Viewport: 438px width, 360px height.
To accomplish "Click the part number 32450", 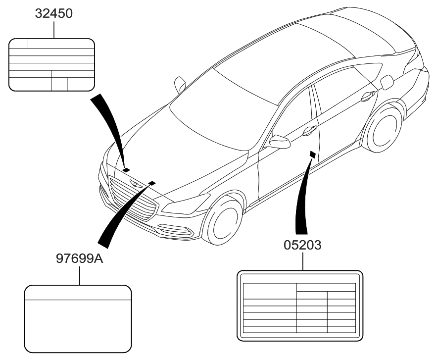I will click(x=53, y=14).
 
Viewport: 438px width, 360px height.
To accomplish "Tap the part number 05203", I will click(x=302, y=245).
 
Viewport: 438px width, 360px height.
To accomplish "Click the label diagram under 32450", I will click(x=51, y=65).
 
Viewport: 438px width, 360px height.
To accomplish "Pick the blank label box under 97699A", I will click(x=78, y=319).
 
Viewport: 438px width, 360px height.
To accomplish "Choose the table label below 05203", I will click(x=300, y=306).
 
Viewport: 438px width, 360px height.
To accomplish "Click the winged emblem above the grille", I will click(x=134, y=184).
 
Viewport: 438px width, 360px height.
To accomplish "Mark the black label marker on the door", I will click(x=312, y=154).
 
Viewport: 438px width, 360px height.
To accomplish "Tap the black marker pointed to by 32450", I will click(x=126, y=170).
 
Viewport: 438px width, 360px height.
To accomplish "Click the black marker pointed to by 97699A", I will click(x=151, y=183).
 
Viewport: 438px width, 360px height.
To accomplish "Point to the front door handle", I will click(x=309, y=130).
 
